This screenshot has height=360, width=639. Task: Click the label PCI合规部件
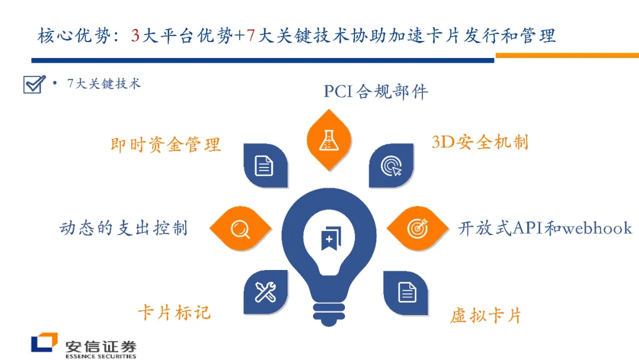pyautogui.click(x=376, y=92)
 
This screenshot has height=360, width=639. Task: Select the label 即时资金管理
pyautogui.click(x=166, y=144)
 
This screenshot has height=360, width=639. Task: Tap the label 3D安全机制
pyautogui.click(x=480, y=142)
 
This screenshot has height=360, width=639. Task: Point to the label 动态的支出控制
pyautogui.click(x=124, y=228)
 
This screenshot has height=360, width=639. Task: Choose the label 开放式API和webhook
pyautogui.click(x=545, y=229)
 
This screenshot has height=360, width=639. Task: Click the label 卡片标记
pyautogui.click(x=174, y=312)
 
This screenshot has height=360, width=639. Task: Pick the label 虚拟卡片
pyautogui.click(x=485, y=316)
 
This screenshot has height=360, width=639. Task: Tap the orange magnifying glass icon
pyautogui.click(x=240, y=229)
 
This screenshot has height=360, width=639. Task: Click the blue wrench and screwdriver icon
pyautogui.click(x=266, y=292)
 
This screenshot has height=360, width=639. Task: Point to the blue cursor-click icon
pyautogui.click(x=391, y=166)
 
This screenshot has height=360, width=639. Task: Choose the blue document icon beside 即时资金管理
pyautogui.click(x=264, y=166)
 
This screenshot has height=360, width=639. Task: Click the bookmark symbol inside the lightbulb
pyautogui.click(x=329, y=237)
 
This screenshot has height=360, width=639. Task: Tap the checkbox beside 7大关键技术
pyautogui.click(x=33, y=85)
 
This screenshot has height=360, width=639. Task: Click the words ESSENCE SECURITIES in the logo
pyautogui.click(x=101, y=356)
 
